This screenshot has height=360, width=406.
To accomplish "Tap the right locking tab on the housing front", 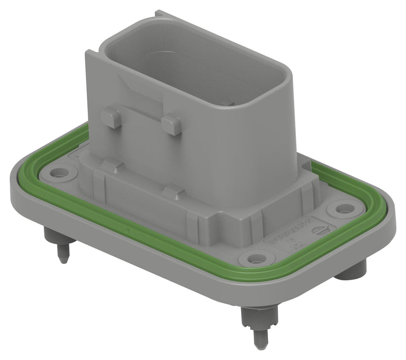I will (x=172, y=123).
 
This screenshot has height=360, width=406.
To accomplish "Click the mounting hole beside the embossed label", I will (x=253, y=259).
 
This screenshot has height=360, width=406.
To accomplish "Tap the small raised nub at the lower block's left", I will (x=109, y=165).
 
